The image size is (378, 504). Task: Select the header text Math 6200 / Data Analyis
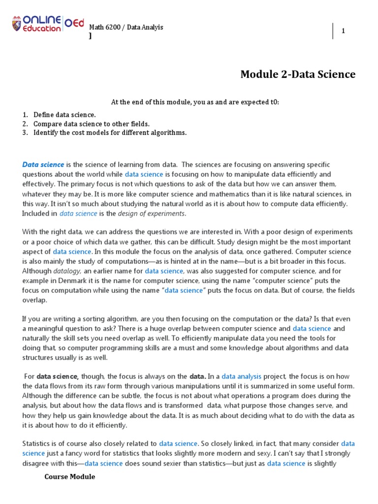pos(126,27)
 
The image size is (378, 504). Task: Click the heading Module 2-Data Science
pos(297,74)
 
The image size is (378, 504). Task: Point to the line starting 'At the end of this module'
pos(189,102)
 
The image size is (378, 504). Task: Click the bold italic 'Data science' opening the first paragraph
pos(43,164)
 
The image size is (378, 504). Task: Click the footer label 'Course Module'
pos(69,477)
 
